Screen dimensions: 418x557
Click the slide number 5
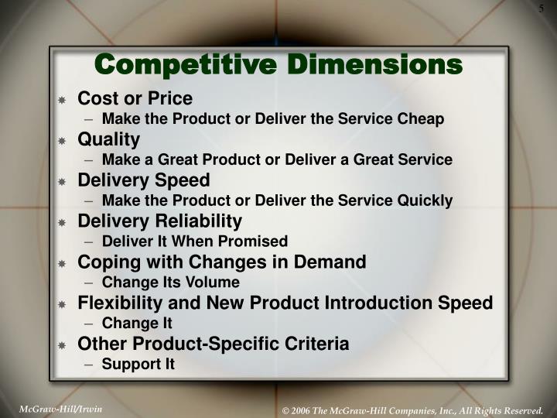coord(542,9)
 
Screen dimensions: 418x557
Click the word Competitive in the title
coord(189,63)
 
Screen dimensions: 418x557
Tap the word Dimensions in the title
coord(374,63)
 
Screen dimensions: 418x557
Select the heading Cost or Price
coord(135,99)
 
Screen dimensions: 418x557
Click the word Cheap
coord(423,119)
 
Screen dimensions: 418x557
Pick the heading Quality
coord(108,139)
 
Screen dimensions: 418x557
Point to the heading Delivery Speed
coord(144,180)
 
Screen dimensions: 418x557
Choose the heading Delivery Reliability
coord(160,221)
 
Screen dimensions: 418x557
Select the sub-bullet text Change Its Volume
coord(171,282)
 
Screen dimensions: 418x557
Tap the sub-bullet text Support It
coord(138,363)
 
